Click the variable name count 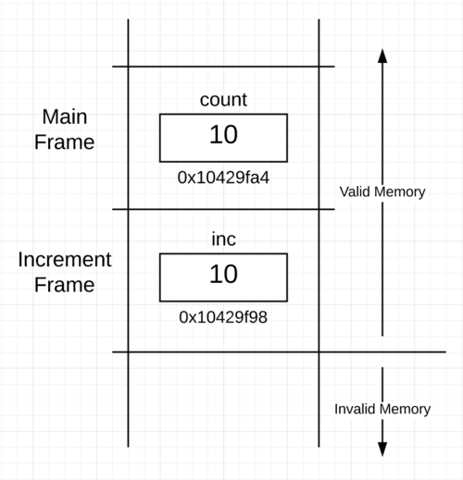coord(223,100)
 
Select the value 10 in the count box coord(223,134)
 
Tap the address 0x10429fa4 coord(223,178)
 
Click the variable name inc coord(223,239)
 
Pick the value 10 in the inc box coord(223,274)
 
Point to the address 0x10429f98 coord(223,317)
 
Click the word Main coord(65,117)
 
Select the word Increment coord(65,259)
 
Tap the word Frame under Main coord(64,142)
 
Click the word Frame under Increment coord(64,285)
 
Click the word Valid coord(355,191)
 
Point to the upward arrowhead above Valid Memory coord(382,55)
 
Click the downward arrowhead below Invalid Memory coord(382,449)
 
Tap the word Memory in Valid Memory coord(399,192)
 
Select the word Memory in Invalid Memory coord(405,410)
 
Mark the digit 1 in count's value coord(215,134)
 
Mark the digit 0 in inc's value coord(231,274)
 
